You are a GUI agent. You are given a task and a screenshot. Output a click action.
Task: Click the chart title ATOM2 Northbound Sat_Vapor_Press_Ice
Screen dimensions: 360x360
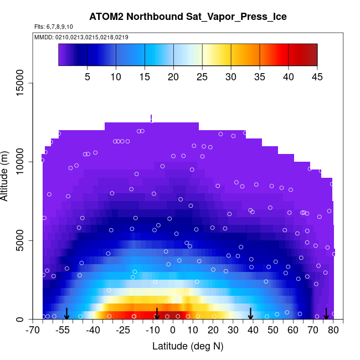[x=188, y=17]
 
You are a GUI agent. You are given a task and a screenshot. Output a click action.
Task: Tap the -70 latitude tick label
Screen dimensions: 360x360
[x=33, y=331]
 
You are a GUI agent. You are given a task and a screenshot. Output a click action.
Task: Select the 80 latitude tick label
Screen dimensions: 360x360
[x=333, y=331]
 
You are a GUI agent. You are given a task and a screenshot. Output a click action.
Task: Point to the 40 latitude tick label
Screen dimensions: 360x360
[x=253, y=331]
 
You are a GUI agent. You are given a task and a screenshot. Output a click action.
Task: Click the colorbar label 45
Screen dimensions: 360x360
[x=317, y=76]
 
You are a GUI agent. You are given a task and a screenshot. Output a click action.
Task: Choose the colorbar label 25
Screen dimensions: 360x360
[x=202, y=76]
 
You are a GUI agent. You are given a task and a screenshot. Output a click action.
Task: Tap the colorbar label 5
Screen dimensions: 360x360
[x=87, y=76]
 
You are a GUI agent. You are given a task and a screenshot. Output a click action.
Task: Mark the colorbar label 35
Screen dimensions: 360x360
[x=260, y=76]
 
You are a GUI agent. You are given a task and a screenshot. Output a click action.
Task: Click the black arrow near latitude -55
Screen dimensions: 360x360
[x=66, y=314]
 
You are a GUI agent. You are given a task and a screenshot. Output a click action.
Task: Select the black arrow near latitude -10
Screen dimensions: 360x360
[x=157, y=314]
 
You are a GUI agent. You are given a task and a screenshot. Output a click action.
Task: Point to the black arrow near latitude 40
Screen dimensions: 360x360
[x=251, y=314]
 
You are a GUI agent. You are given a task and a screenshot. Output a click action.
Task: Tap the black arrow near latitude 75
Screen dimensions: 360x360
[x=326, y=314]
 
